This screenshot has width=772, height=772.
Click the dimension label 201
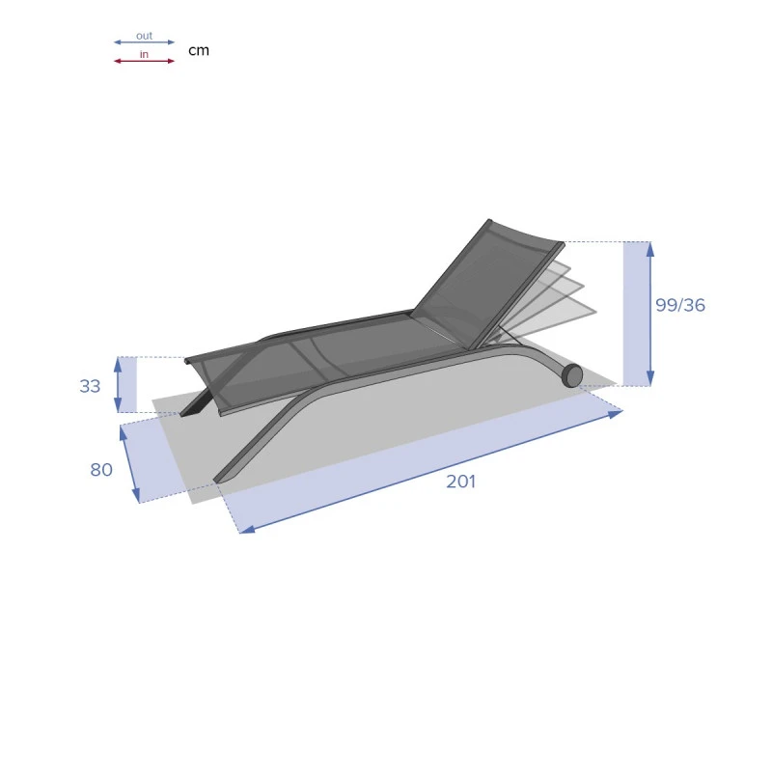coord(460,482)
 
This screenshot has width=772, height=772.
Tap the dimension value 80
coord(101,470)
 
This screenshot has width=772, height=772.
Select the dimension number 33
coord(90,386)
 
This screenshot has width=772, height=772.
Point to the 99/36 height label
coord(680,305)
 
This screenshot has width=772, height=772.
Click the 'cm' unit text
coord(198,50)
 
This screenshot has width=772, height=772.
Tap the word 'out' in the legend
coord(144,36)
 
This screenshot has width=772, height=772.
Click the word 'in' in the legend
coord(144,54)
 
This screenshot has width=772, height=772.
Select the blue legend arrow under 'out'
coord(144,42)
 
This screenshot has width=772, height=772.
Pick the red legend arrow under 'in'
coord(144,61)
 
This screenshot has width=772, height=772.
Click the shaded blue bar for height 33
coord(127,384)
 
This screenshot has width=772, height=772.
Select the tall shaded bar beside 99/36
coord(636,314)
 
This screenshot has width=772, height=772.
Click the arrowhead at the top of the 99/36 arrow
coord(650,246)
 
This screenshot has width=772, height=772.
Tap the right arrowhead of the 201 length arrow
coord(617,414)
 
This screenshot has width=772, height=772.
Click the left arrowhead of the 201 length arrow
coord(245,529)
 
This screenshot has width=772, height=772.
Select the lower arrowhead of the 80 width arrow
coord(136,497)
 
